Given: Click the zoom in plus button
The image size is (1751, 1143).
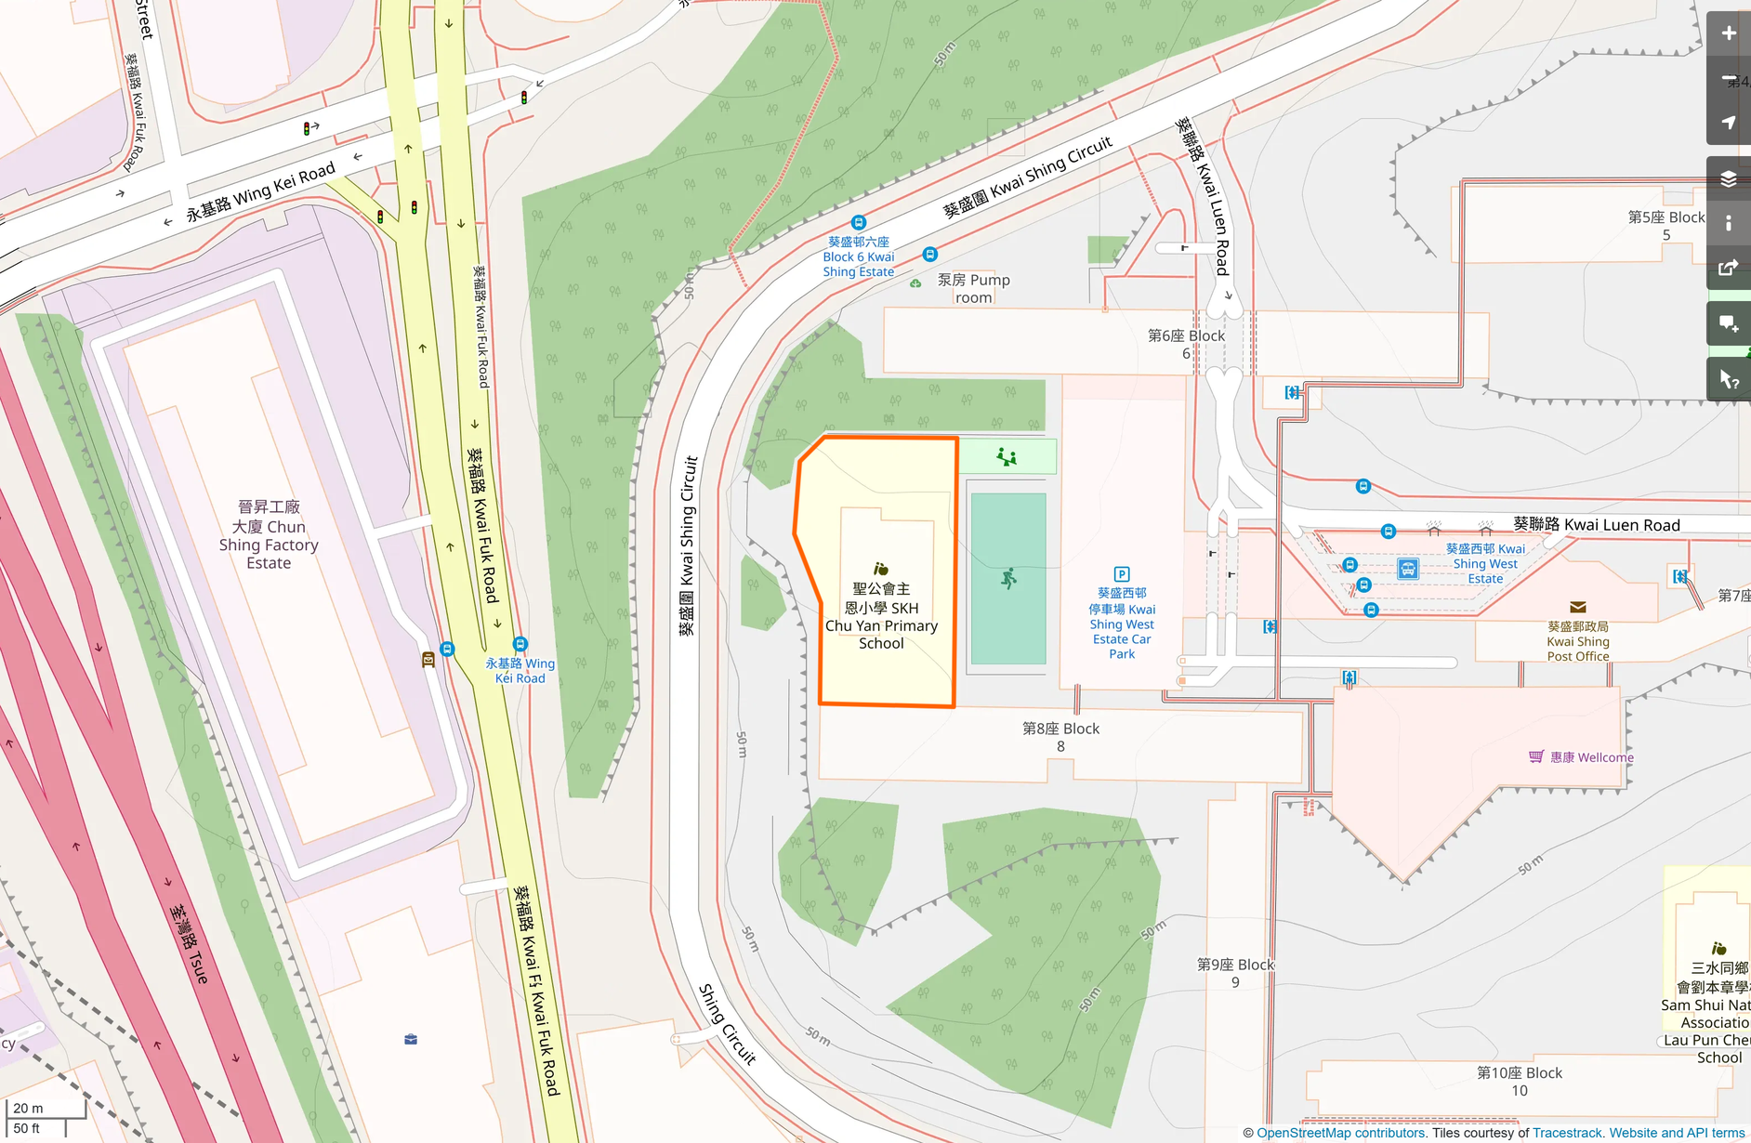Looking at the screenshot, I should click(1728, 33).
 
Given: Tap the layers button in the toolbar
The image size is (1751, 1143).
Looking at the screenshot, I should click(1728, 178).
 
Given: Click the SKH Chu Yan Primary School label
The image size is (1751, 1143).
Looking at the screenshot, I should click(881, 616).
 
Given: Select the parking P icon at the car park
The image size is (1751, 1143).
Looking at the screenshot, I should click(1122, 574).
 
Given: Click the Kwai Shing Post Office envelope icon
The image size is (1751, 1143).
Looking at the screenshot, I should click(1577, 608).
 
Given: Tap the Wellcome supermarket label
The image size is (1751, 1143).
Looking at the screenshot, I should click(1590, 757).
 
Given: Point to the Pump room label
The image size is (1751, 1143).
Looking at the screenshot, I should click(973, 288).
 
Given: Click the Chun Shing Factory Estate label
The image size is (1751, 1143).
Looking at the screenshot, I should click(269, 534).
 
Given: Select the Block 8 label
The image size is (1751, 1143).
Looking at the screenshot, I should click(1060, 737).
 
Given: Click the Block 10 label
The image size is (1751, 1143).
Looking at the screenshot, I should click(1520, 1081).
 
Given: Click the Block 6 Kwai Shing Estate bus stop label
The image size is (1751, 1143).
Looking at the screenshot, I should click(858, 257).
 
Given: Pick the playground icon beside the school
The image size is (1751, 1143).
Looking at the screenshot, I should click(1007, 456).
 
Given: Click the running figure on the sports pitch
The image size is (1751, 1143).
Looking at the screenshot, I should click(1008, 579).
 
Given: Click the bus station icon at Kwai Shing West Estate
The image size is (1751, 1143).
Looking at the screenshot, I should click(1408, 569).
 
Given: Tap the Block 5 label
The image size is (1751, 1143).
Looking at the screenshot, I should click(1665, 226).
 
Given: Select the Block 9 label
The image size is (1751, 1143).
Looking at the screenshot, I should click(1235, 973).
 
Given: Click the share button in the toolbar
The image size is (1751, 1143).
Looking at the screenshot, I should click(1728, 268).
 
